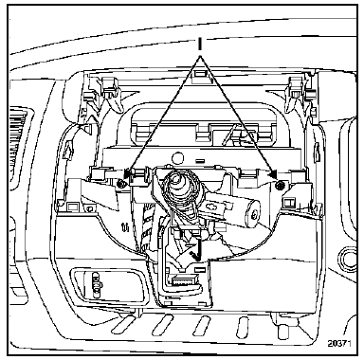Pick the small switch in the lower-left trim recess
(97, 281)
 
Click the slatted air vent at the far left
(17, 143)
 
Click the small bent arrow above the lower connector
(195, 255)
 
